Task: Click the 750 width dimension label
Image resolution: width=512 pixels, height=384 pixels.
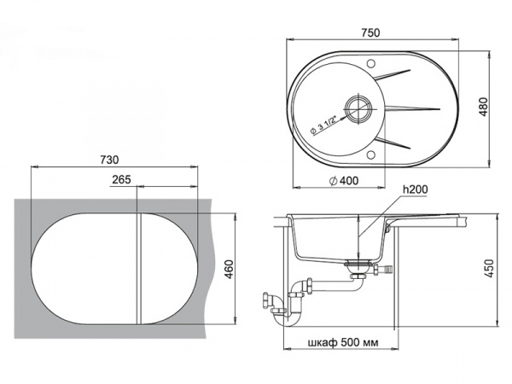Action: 369,32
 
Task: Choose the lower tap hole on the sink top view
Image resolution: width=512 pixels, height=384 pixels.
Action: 371,155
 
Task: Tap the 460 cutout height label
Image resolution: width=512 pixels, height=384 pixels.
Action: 228,271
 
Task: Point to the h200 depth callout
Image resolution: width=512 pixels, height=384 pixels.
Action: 413,189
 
